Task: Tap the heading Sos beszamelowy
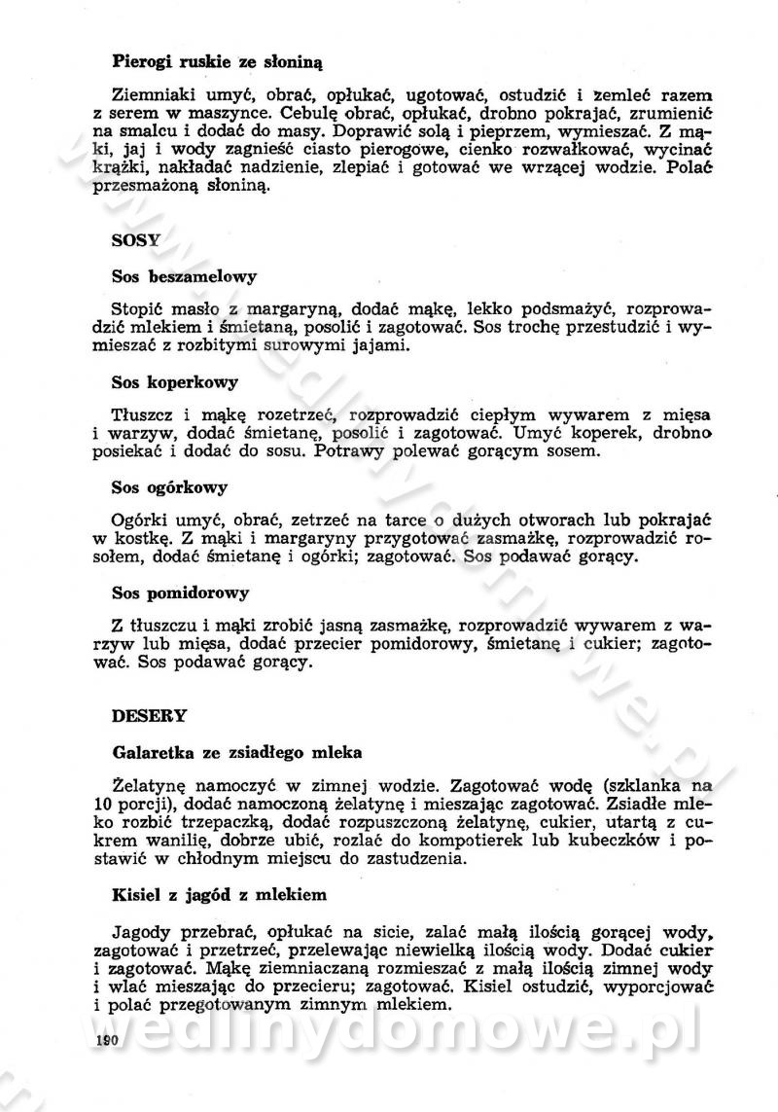point(184,276)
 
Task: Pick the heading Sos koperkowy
point(175,381)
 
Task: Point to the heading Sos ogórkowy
point(170,486)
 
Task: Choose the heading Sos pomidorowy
point(181,592)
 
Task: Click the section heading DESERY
point(149,715)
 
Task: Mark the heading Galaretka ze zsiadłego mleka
point(237,752)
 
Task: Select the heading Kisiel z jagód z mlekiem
point(220,892)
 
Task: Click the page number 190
point(106,1041)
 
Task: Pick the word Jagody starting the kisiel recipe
point(141,927)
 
